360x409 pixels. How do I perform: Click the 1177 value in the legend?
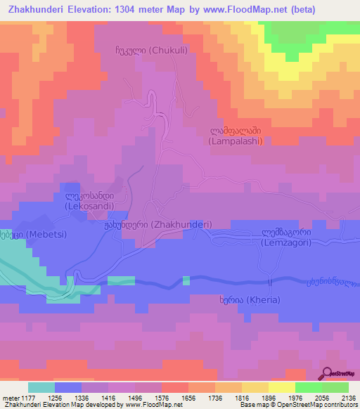click(x=28, y=398)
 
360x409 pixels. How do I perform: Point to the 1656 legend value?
click(x=188, y=398)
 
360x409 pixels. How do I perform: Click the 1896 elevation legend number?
click(x=268, y=398)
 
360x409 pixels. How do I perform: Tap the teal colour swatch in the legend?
click(x=41, y=387)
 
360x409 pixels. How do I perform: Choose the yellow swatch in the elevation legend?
click(x=281, y=387)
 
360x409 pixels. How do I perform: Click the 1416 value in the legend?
click(x=108, y=398)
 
